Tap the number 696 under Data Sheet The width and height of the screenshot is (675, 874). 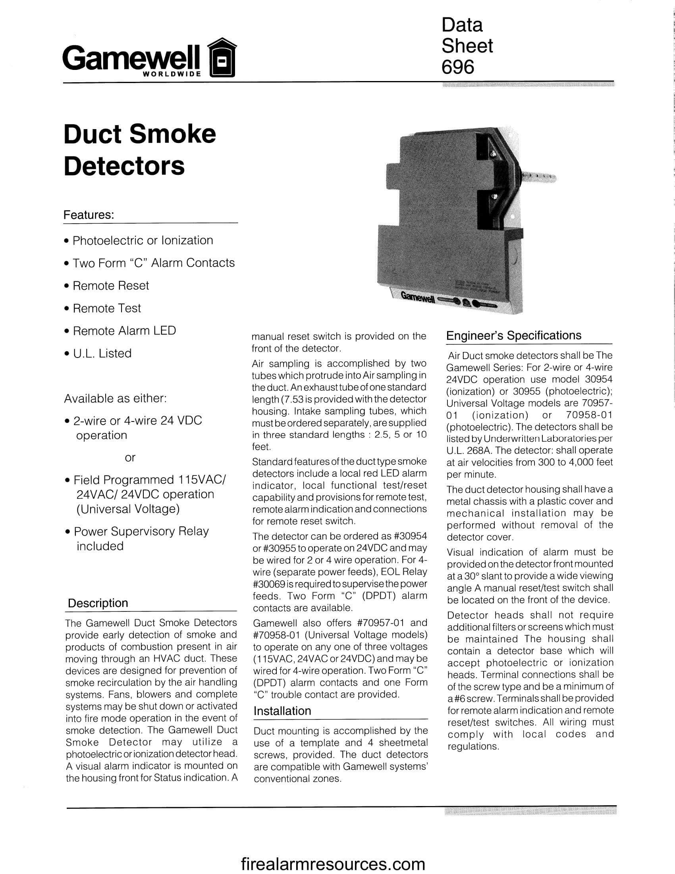[x=458, y=66]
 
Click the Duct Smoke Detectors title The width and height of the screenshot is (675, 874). [x=139, y=150]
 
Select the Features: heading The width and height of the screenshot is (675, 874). [x=89, y=215]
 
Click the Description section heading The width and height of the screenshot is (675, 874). [x=98, y=603]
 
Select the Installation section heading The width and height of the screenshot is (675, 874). [x=282, y=711]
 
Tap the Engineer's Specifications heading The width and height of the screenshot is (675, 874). [x=513, y=335]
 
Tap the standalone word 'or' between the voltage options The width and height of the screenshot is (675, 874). [x=130, y=457]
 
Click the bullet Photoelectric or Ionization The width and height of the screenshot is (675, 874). [x=143, y=240]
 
